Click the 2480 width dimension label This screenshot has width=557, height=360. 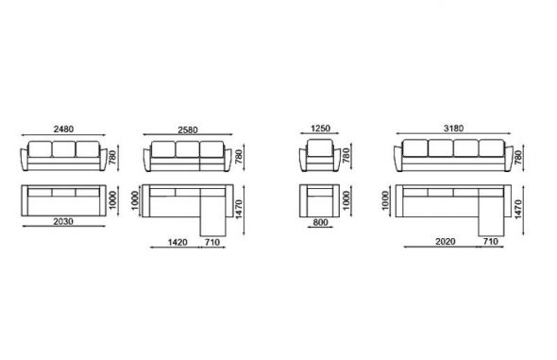(63, 129)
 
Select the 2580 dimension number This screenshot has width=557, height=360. (188, 129)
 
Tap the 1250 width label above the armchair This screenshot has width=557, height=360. (320, 128)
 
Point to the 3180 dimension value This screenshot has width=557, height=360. (453, 128)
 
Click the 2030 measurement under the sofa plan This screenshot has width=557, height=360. (63, 221)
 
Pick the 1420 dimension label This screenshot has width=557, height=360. (177, 242)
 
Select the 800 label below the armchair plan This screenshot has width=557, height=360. (320, 222)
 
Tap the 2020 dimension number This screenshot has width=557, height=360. (446, 242)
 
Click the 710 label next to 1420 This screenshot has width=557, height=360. (212, 242)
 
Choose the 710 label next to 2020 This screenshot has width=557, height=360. (490, 242)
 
